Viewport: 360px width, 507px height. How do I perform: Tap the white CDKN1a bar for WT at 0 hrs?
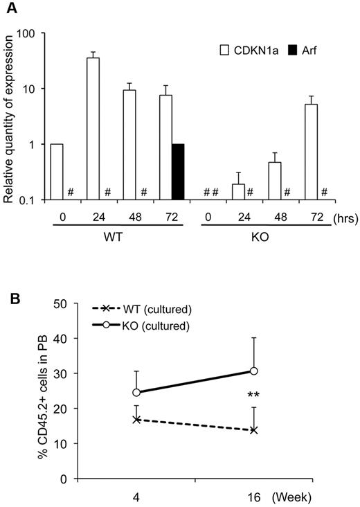57,172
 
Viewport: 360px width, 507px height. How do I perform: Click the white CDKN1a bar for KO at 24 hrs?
238,192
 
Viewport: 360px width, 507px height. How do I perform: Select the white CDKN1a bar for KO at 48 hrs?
275,181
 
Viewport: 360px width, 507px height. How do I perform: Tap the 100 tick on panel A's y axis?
28,33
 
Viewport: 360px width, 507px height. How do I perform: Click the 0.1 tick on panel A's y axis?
28,200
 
